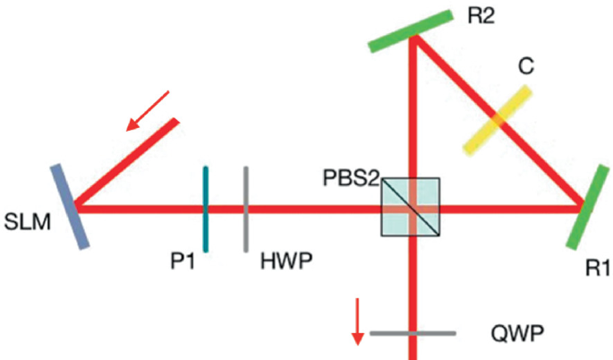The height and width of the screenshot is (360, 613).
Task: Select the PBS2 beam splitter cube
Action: point(411,207)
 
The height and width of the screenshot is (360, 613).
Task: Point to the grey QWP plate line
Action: point(413,334)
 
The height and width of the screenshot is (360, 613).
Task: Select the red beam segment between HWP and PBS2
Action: point(313,209)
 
